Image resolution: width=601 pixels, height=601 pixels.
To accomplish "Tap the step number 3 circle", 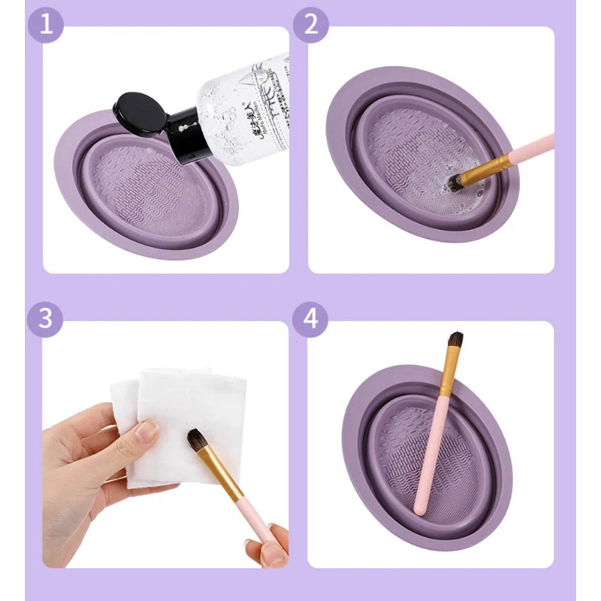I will (44, 318).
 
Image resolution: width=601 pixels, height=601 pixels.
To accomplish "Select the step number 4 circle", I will (310, 319).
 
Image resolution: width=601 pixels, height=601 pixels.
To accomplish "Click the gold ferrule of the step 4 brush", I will (448, 376).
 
